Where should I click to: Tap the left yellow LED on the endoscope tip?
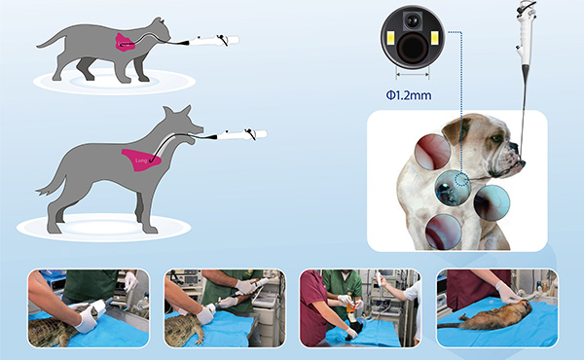390,39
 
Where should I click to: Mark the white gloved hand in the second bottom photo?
206,314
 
